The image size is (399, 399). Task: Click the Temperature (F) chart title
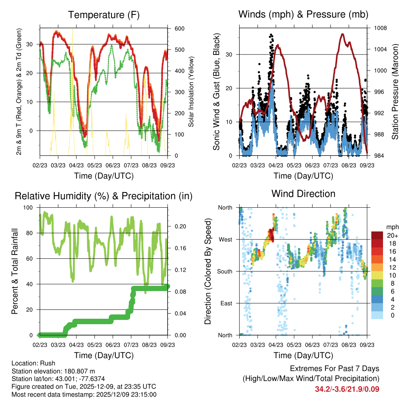(x=104, y=15)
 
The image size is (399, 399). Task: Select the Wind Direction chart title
(x=303, y=194)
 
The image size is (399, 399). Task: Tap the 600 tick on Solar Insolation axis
(x=179, y=29)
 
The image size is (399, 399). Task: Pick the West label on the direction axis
(x=225, y=239)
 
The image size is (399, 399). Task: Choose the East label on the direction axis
(x=226, y=303)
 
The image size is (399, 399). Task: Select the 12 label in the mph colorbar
(x=390, y=267)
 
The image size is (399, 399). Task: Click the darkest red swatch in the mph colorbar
(x=377, y=235)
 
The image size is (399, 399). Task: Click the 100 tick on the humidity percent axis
(x=29, y=208)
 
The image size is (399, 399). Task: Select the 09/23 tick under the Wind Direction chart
(x=367, y=345)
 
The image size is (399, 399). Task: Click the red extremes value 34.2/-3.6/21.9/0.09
(x=347, y=389)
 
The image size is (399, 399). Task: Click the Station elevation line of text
(x=53, y=371)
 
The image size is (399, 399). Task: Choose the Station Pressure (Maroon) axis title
(x=395, y=92)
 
